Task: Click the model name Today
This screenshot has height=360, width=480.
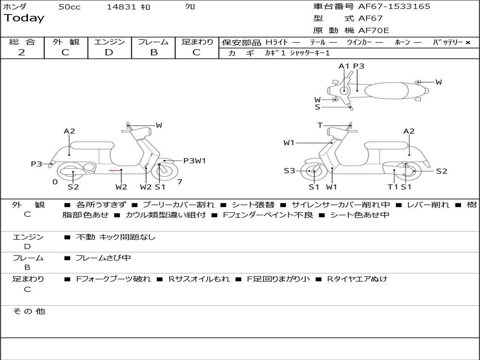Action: coord(24,18)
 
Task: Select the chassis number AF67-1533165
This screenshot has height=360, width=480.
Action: coord(394,7)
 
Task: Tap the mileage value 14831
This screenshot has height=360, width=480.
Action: coord(121,7)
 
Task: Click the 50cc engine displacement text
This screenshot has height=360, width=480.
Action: coord(69,7)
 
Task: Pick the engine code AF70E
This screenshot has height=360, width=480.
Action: coord(374,31)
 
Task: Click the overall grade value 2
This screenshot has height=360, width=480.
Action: coord(22,52)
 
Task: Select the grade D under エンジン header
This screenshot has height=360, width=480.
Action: coord(109,52)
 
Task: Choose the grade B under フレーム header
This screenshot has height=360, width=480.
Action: coord(153,52)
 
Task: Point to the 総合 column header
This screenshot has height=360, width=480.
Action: coord(22,42)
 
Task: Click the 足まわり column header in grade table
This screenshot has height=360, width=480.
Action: coord(197,42)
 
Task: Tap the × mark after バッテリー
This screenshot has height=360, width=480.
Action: coord(467,42)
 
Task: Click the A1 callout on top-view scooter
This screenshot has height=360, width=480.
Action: coord(344,66)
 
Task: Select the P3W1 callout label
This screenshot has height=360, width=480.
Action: coord(195,161)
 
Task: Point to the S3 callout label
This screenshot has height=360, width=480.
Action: coord(289,171)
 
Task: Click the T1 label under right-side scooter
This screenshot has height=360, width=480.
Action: coord(393,187)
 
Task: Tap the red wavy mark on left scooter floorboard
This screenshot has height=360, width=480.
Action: coord(113,171)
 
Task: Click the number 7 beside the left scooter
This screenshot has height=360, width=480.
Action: coord(180,181)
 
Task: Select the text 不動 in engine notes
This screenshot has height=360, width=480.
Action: coord(85,237)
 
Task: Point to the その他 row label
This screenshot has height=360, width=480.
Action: coord(29,311)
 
